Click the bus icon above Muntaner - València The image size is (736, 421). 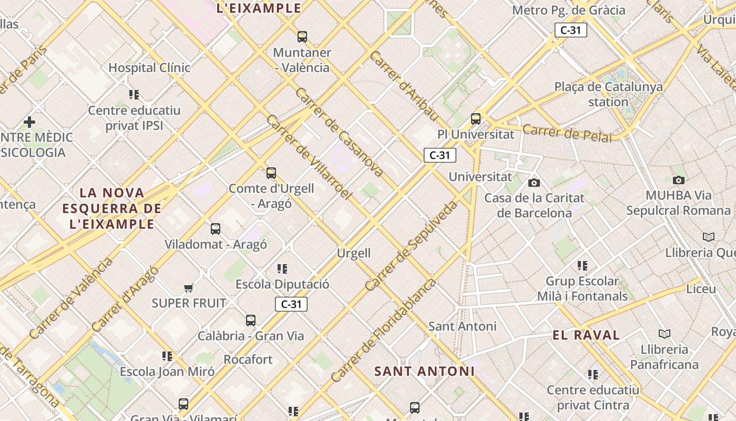click(x=302, y=37)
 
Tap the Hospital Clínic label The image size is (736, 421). click(x=149, y=68)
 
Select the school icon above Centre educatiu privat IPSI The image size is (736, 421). click(x=134, y=95)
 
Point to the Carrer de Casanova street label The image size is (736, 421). click(x=339, y=132)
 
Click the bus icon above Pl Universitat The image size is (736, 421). click(x=476, y=119)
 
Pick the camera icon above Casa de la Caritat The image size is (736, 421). click(x=534, y=183)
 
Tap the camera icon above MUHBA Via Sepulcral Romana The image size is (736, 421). click(x=679, y=180)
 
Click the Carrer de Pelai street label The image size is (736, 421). click(x=567, y=133)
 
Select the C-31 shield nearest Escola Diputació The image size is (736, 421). click(x=291, y=304)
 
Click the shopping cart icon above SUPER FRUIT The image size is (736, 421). click(x=189, y=287)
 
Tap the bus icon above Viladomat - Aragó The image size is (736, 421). click(x=216, y=229)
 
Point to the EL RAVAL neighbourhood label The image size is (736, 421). click(x=586, y=335)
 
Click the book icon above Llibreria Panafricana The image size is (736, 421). click(x=665, y=334)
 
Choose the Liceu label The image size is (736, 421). click(x=701, y=289)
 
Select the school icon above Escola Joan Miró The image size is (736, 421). click(x=167, y=356)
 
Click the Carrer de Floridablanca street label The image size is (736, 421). click(x=384, y=330)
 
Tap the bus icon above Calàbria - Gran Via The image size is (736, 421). click(x=251, y=320)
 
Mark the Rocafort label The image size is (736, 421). click(x=248, y=360)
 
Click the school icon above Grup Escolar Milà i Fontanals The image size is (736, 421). click(x=582, y=265)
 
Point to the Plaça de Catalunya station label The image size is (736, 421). click(x=608, y=94)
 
